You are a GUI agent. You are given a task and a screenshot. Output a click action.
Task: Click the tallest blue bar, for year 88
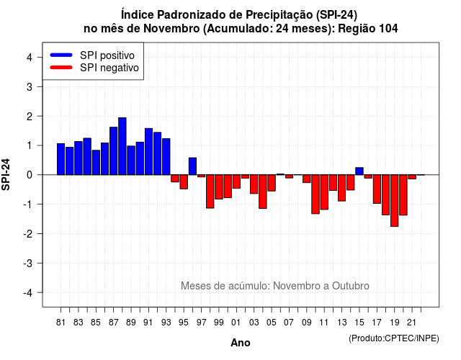click(x=122, y=146)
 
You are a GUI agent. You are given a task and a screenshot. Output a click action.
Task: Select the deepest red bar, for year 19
click(x=395, y=201)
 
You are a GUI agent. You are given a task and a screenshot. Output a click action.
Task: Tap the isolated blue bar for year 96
click(x=192, y=166)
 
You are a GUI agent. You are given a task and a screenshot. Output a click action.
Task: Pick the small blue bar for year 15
click(x=359, y=171)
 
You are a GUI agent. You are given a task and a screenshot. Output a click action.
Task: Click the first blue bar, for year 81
click(x=61, y=159)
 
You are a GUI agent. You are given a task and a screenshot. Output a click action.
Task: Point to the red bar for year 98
click(x=210, y=192)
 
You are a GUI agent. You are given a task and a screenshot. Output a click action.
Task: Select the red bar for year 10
click(x=315, y=194)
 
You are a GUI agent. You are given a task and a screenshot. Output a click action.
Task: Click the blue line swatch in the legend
click(x=61, y=55)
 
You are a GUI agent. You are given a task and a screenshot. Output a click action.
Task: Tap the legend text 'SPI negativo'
click(x=109, y=68)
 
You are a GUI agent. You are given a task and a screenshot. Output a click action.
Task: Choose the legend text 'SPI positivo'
click(x=107, y=55)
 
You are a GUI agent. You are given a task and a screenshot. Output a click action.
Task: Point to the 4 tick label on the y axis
click(x=30, y=58)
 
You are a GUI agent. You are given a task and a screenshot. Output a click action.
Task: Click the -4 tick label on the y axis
click(x=28, y=293)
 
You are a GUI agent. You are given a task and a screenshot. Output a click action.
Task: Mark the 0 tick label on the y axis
click(x=30, y=175)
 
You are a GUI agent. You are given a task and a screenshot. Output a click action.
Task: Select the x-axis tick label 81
click(x=61, y=323)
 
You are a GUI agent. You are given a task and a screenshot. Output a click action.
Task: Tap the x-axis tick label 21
click(x=411, y=323)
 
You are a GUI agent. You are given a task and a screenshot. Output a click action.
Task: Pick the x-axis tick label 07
click(x=289, y=323)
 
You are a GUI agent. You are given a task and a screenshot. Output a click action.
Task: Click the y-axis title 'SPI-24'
click(x=6, y=174)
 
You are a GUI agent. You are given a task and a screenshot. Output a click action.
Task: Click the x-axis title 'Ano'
click(x=241, y=343)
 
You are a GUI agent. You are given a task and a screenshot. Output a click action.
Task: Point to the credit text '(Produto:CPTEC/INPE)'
click(x=394, y=338)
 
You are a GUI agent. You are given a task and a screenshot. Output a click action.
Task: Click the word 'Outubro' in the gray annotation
click(x=351, y=286)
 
